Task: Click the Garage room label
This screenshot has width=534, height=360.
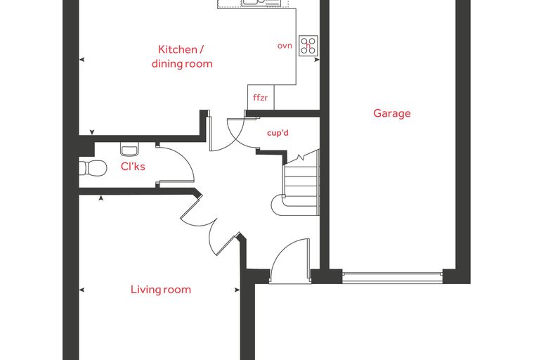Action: click(x=392, y=113)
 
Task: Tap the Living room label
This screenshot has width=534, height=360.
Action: click(x=161, y=290)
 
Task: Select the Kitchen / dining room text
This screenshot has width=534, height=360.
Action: click(x=182, y=56)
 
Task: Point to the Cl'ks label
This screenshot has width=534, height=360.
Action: click(x=133, y=167)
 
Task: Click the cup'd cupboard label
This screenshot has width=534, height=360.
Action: click(x=278, y=133)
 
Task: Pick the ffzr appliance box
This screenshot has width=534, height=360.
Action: click(x=261, y=98)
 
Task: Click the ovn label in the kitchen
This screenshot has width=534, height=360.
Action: click(x=285, y=46)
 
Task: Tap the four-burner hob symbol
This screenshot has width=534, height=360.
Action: click(x=308, y=46)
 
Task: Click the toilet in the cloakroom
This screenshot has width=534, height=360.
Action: click(x=93, y=168)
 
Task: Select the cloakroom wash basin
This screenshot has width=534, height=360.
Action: click(x=130, y=149)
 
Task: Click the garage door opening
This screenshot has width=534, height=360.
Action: click(x=392, y=277)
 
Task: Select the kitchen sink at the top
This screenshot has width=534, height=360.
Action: click(x=261, y=3)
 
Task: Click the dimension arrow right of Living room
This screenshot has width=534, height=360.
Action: click(x=237, y=290)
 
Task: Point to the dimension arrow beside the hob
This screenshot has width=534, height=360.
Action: click(x=317, y=60)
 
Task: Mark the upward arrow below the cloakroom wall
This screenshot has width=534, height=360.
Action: click(x=100, y=198)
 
